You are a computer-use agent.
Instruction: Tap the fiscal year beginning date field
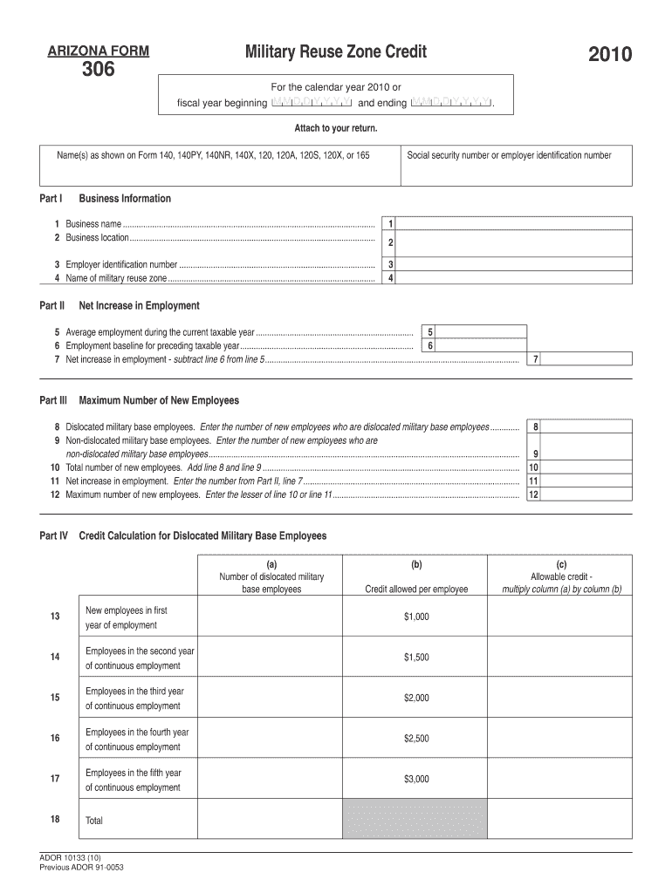pos(312,103)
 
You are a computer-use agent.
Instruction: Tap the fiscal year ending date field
pos(450,103)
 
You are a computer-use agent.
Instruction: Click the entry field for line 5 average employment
pos(483,332)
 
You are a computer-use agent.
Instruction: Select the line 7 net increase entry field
pos(587,359)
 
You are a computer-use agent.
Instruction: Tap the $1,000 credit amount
pos(416,617)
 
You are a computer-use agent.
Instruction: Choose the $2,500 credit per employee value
pos(416,739)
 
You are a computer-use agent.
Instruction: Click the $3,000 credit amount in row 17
pos(416,780)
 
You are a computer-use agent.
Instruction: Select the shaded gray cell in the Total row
pos(416,820)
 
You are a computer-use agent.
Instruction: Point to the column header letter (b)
pos(416,564)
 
